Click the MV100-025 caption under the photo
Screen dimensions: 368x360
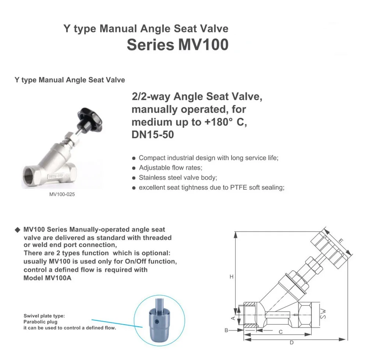click(x=62, y=194)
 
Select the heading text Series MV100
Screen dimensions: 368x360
click(x=178, y=45)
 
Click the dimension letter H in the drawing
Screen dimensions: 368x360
click(x=231, y=277)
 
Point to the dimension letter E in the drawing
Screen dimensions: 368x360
click(x=341, y=241)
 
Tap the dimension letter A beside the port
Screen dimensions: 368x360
click(x=233, y=318)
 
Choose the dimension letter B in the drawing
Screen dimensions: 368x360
click(x=226, y=330)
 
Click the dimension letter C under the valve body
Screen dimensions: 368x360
click(x=280, y=332)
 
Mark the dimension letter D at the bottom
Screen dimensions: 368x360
click(x=291, y=343)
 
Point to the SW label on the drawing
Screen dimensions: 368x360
click(x=323, y=314)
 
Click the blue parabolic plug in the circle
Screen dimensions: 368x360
click(x=159, y=320)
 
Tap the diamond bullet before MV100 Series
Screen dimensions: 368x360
click(x=18, y=230)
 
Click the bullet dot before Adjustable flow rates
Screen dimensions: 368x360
click(x=134, y=168)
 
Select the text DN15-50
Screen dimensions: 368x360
click(x=153, y=135)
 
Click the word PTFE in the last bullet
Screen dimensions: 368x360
click(x=238, y=187)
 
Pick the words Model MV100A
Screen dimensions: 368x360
click(x=47, y=278)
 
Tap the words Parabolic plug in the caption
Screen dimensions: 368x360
click(x=40, y=322)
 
